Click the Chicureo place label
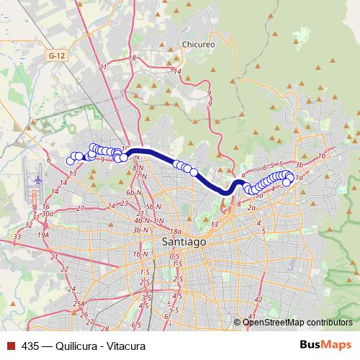[199, 44]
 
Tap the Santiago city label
[184, 243]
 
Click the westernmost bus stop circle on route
[71, 161]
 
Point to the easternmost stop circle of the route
[290, 176]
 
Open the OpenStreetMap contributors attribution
[297, 322]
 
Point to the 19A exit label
[43, 234]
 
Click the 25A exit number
[78, 304]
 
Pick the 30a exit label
[48, 213]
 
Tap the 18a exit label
[174, 230]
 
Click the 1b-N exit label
[139, 254]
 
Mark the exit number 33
[17, 235]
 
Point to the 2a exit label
[251, 207]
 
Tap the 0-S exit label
[174, 256]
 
